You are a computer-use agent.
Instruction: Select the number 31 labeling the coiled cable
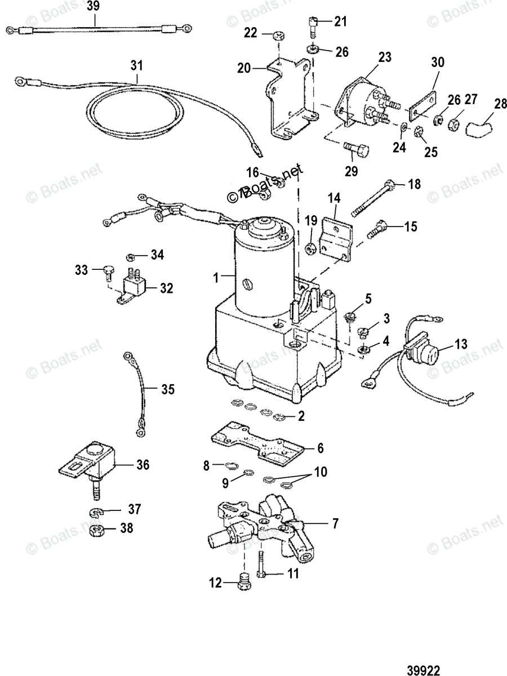135,66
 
